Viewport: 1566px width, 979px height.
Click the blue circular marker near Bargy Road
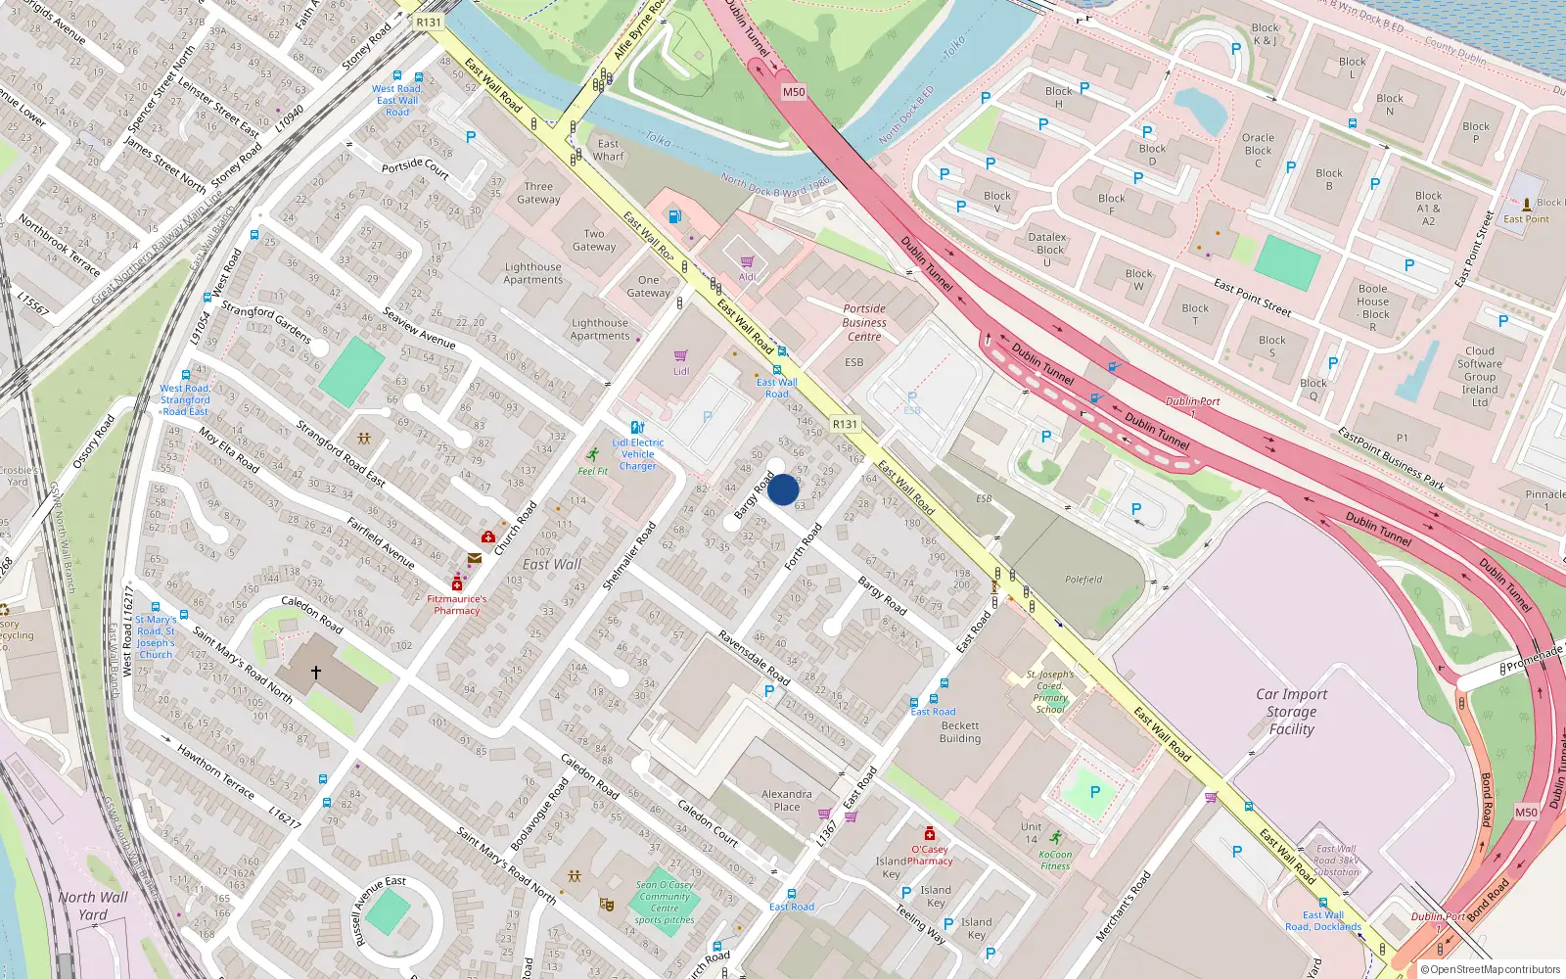coord(783,489)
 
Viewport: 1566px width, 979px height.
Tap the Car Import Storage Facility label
coord(1291,712)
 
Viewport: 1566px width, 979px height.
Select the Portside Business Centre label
coord(864,322)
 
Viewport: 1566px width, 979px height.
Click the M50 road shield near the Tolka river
coord(794,92)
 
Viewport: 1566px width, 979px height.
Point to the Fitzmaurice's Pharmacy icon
coord(457,583)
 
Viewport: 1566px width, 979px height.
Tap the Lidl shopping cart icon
coord(681,356)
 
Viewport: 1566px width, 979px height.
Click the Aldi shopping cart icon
coord(748,261)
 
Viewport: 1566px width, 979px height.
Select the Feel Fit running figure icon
coord(593,454)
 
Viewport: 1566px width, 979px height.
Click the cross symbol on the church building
coord(316,673)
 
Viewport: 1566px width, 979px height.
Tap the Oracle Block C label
coord(1258,151)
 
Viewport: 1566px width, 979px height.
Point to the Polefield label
coord(1083,580)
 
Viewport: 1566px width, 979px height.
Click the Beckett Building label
coord(959,732)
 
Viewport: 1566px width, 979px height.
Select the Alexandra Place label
coord(786,801)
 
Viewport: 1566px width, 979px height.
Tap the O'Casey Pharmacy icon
coord(930,834)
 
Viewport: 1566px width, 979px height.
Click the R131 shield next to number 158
coord(845,424)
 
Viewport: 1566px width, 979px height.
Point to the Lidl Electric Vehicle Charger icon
coord(638,428)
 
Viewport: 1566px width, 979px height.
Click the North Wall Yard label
coord(93,906)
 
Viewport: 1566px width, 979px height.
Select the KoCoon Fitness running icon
coord(1055,837)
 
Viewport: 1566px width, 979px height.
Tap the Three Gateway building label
coord(538,193)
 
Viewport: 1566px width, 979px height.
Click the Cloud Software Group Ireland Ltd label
coord(1480,377)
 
